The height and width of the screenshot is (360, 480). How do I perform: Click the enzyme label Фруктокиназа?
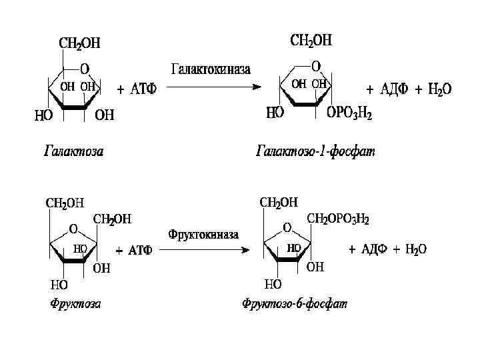click(x=204, y=234)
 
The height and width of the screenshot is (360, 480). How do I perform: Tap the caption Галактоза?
click(x=74, y=151)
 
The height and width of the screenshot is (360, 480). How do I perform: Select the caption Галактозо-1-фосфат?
click(x=316, y=151)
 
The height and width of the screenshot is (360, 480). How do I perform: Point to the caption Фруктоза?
click(x=76, y=304)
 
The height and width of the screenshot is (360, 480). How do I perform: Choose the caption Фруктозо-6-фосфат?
click(x=295, y=304)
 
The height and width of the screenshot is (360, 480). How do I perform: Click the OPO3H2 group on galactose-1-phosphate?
click(x=349, y=114)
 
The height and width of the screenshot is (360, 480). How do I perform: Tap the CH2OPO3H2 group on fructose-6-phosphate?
click(x=338, y=218)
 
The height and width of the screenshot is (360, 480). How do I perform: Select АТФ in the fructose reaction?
click(x=139, y=251)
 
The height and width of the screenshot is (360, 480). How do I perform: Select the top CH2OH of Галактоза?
click(x=80, y=43)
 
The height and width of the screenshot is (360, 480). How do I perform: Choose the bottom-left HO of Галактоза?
click(x=44, y=115)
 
